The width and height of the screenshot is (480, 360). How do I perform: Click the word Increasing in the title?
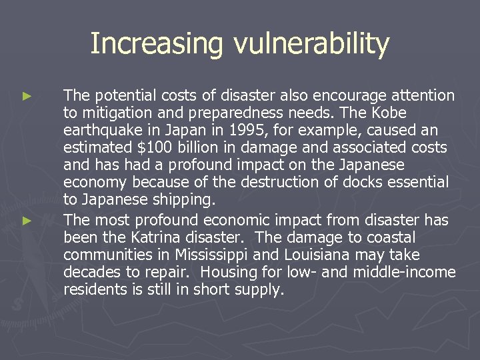(157, 45)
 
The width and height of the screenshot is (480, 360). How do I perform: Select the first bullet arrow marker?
(27, 97)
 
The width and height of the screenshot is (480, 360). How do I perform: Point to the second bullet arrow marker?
(27, 221)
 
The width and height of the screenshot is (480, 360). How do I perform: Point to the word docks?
(369, 182)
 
